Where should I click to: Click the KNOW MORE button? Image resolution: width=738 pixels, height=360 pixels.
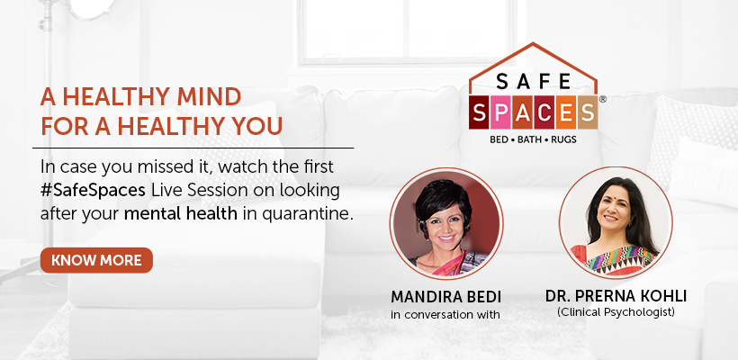pyautogui.click(x=96, y=260)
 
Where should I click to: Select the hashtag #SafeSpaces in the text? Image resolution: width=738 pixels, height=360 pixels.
pyautogui.click(x=93, y=191)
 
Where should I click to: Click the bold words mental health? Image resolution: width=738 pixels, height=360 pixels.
pyautogui.click(x=181, y=213)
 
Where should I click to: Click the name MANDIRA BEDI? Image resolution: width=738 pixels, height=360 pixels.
pyautogui.click(x=445, y=297)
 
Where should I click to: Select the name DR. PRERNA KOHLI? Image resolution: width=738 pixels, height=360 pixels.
pyautogui.click(x=616, y=296)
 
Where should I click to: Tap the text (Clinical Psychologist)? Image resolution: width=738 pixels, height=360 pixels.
pyautogui.click(x=616, y=311)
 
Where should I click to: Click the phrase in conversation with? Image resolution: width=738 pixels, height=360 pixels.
pyautogui.click(x=445, y=314)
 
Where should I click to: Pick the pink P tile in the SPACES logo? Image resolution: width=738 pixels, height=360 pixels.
pyautogui.click(x=500, y=112)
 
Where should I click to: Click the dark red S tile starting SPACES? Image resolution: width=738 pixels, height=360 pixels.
pyautogui.click(x=479, y=112)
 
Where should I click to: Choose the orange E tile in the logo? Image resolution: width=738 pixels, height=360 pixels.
pyautogui.click(x=565, y=112)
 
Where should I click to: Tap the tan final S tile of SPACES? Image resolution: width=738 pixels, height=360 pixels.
pyautogui.click(x=587, y=112)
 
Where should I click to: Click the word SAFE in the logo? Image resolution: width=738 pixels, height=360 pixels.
pyautogui.click(x=534, y=83)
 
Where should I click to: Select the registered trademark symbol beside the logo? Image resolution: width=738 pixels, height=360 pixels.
pyautogui.click(x=602, y=99)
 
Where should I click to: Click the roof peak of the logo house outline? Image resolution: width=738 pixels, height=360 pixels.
pyautogui.click(x=533, y=43)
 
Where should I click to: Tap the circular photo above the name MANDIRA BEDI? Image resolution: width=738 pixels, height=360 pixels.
pyautogui.click(x=446, y=223)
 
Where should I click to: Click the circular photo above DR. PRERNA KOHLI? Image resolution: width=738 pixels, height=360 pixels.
pyautogui.click(x=616, y=222)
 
